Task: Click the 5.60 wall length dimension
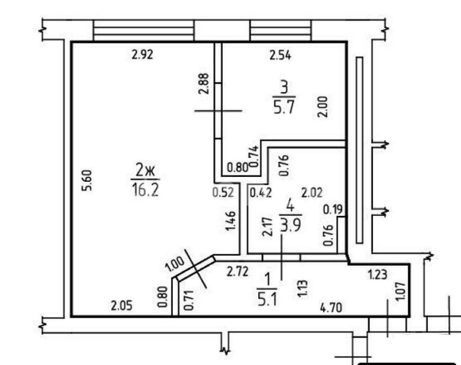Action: [87, 180]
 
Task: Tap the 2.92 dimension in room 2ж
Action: [142, 55]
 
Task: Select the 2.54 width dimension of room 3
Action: [280, 55]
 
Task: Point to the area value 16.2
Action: [146, 190]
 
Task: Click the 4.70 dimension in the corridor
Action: [331, 308]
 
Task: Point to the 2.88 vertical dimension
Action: [203, 84]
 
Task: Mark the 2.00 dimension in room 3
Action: [323, 106]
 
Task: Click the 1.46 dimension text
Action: [231, 221]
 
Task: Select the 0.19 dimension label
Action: [333, 210]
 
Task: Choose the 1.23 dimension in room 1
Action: [378, 274]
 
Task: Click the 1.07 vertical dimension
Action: [400, 291]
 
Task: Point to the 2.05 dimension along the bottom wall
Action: [122, 306]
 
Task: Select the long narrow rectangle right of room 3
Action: [360, 150]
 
